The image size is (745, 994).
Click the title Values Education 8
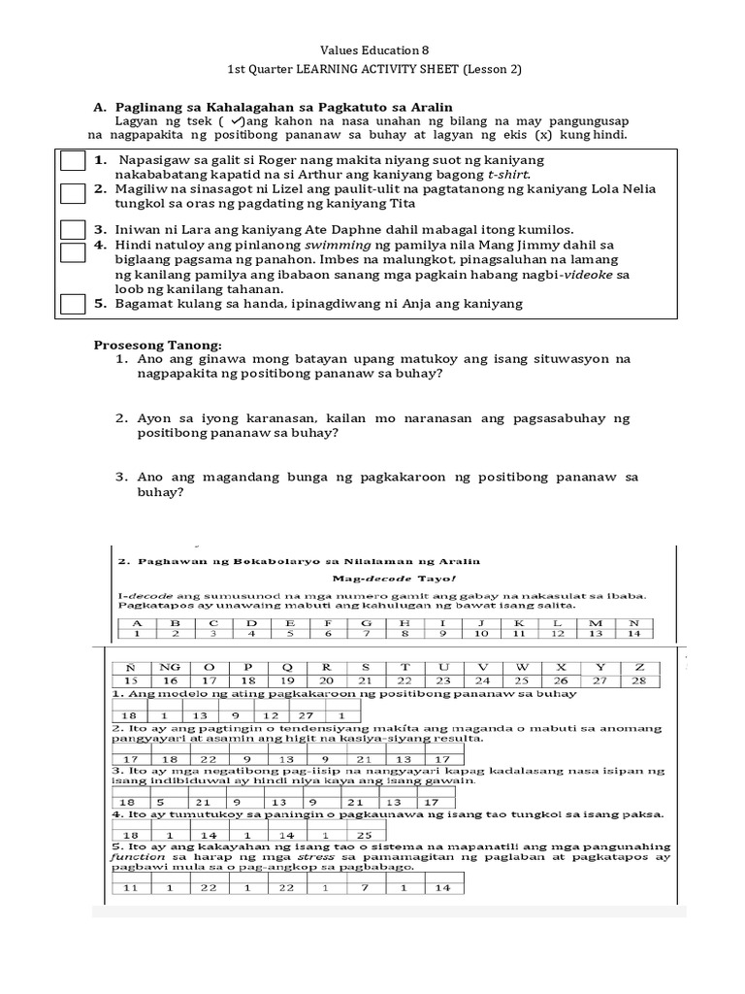tap(373, 50)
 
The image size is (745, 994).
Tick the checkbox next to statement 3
tap(73, 230)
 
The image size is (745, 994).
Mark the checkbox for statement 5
tap(73, 304)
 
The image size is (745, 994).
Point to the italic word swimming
tap(340, 246)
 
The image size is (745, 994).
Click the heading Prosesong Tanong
tap(157, 345)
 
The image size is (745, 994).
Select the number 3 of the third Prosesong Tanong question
tap(121, 477)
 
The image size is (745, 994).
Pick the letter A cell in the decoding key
tap(137, 622)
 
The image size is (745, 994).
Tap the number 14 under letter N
tap(635, 633)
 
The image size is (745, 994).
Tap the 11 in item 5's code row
tap(129, 888)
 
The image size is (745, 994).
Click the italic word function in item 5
tap(135, 857)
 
